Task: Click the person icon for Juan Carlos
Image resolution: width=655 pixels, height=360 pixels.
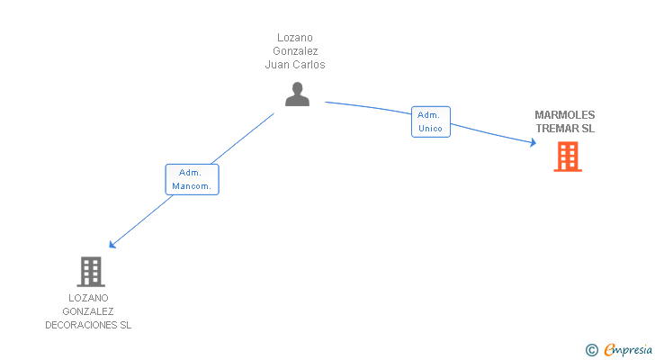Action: click(x=297, y=94)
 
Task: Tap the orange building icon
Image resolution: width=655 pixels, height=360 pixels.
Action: click(x=567, y=157)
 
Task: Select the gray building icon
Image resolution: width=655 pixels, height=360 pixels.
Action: click(x=90, y=271)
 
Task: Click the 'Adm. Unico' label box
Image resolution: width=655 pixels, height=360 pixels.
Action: click(x=430, y=121)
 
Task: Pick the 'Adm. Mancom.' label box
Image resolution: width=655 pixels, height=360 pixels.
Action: click(x=192, y=179)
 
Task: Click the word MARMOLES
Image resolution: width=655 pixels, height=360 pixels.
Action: click(x=565, y=114)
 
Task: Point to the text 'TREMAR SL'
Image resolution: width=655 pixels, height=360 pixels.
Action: click(x=565, y=129)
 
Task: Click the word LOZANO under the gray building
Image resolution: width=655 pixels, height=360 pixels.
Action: click(x=88, y=298)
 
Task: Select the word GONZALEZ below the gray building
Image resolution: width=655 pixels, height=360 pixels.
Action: click(x=88, y=311)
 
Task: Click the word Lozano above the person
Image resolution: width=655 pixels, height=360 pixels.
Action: click(x=295, y=38)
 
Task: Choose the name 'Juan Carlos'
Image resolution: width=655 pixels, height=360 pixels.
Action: click(x=295, y=65)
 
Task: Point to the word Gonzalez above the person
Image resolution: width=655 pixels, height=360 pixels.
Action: click(x=295, y=51)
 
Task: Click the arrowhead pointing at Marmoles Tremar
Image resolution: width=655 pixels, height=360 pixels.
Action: click(x=533, y=142)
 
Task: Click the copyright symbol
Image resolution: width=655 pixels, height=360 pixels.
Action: click(x=591, y=350)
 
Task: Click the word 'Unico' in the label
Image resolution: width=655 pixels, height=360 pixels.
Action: click(x=430, y=129)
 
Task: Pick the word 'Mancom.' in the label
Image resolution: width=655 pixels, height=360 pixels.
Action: click(x=192, y=186)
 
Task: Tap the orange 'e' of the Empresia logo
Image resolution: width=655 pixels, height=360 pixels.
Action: click(x=609, y=350)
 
